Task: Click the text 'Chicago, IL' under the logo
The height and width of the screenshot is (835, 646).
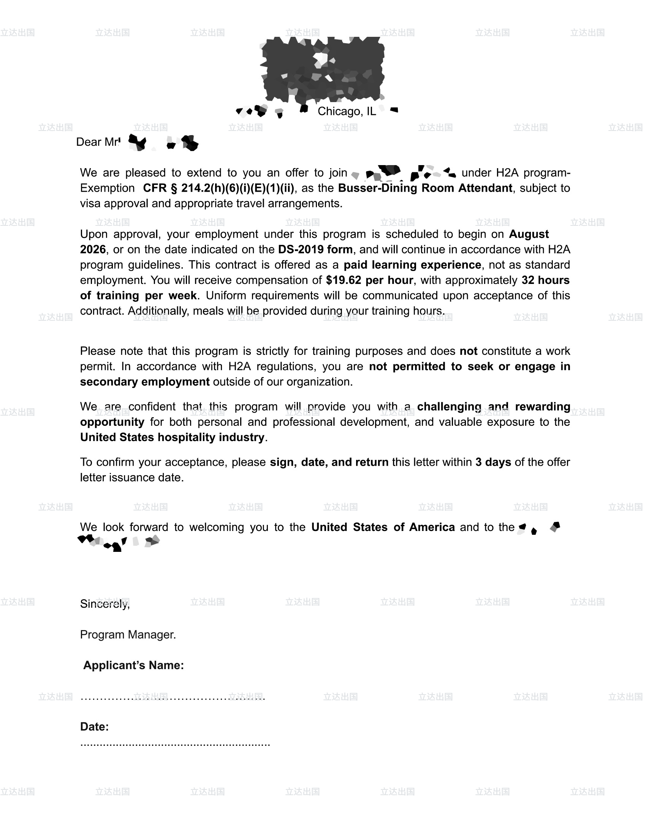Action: pyautogui.click(x=346, y=111)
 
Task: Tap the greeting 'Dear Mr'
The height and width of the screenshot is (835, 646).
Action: pyautogui.click(x=98, y=142)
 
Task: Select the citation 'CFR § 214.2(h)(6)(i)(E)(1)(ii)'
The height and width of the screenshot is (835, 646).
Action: pyautogui.click(x=218, y=188)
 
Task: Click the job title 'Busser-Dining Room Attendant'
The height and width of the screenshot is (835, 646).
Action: pyautogui.click(x=425, y=188)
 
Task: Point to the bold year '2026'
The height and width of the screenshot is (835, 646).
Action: pyautogui.click(x=93, y=250)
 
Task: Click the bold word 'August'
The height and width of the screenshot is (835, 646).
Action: pyautogui.click(x=529, y=234)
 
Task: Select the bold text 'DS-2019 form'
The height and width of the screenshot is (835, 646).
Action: pyautogui.click(x=315, y=250)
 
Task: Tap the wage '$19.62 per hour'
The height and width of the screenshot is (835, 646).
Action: pyautogui.click(x=369, y=280)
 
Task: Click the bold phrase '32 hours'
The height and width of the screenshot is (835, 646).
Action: pyautogui.click(x=545, y=280)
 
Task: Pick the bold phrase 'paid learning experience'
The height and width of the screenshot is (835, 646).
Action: pyautogui.click(x=412, y=265)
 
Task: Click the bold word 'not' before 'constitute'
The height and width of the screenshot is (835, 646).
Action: pyautogui.click(x=469, y=351)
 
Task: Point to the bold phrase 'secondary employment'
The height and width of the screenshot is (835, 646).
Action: pyautogui.click(x=145, y=382)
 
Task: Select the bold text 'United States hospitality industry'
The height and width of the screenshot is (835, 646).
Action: pyautogui.click(x=172, y=437)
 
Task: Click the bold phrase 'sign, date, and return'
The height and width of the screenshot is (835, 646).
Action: pyautogui.click(x=329, y=462)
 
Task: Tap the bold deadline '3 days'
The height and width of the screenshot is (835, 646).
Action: pyautogui.click(x=493, y=462)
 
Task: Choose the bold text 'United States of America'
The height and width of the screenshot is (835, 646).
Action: pyautogui.click(x=383, y=527)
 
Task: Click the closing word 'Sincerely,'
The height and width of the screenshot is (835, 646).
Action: pyautogui.click(x=105, y=604)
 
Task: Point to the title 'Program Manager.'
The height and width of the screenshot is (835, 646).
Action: pyautogui.click(x=128, y=635)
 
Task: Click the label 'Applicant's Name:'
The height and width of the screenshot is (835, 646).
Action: pyautogui.click(x=133, y=665)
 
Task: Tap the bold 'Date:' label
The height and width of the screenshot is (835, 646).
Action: pyautogui.click(x=94, y=727)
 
